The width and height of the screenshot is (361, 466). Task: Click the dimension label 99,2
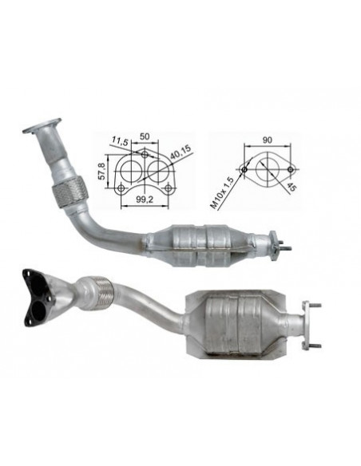point(145,199)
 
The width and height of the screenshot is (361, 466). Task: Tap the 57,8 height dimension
point(102,172)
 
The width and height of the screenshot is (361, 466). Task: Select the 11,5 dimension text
point(120,141)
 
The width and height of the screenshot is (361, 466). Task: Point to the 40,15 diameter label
point(180,152)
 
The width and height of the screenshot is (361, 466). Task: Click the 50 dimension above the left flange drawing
point(145,136)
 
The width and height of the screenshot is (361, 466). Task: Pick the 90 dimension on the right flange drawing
point(267,140)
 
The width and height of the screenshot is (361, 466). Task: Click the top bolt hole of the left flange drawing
point(145,155)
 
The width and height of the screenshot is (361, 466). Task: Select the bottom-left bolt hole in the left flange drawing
point(121,188)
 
